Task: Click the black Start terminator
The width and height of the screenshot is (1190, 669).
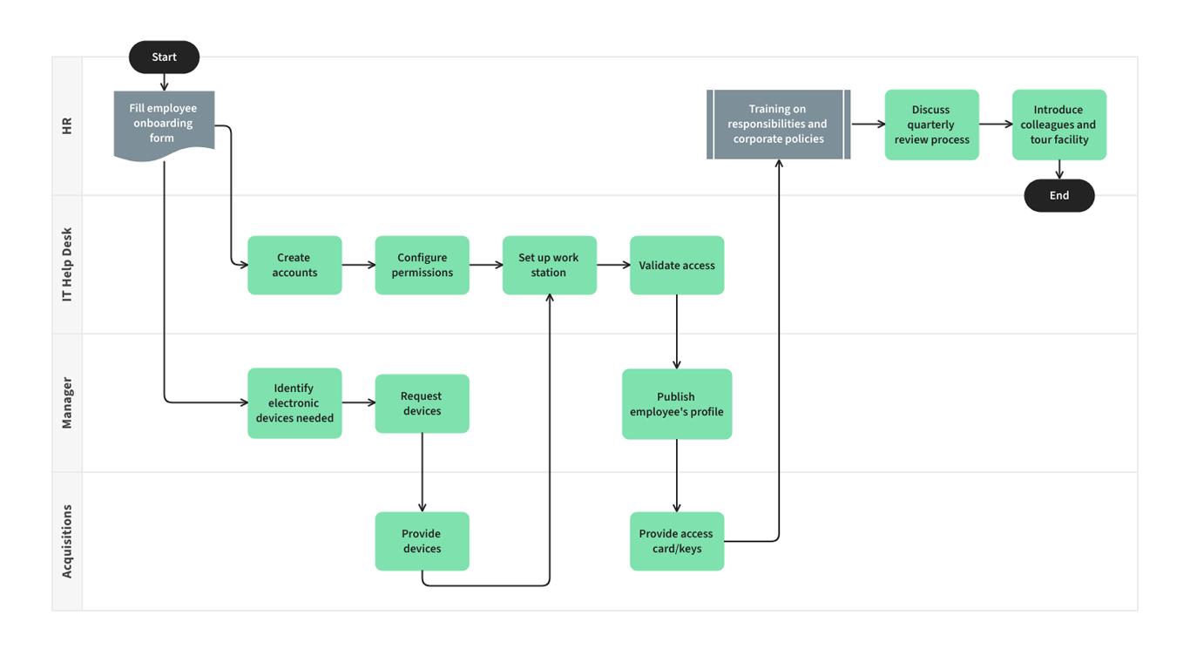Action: (164, 57)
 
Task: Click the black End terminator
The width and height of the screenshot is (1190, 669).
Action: (1058, 196)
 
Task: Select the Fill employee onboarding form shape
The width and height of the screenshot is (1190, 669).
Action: (164, 124)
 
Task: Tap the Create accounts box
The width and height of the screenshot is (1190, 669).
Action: (294, 265)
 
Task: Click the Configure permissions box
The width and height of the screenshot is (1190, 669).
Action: (422, 265)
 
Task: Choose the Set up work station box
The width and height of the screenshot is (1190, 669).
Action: (549, 265)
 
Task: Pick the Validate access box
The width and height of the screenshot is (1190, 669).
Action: (676, 265)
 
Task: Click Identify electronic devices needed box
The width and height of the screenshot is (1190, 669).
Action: (294, 403)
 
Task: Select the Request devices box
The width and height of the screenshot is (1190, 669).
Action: (422, 403)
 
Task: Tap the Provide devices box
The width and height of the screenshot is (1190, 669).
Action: (422, 541)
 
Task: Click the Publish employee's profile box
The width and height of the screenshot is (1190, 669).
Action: (676, 404)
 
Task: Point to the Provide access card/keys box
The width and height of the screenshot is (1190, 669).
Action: (676, 541)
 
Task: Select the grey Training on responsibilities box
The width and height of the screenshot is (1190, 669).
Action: (778, 125)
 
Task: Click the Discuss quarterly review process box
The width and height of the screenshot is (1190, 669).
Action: (931, 125)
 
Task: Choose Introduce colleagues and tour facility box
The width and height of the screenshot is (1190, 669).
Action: (1058, 125)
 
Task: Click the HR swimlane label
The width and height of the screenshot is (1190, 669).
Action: (67, 126)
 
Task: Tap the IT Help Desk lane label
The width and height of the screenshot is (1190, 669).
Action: (67, 265)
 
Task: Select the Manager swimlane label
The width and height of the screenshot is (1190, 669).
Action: (67, 403)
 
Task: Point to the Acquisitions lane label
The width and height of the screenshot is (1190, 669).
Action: (67, 541)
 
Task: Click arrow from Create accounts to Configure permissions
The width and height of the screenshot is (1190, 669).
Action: (358, 265)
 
